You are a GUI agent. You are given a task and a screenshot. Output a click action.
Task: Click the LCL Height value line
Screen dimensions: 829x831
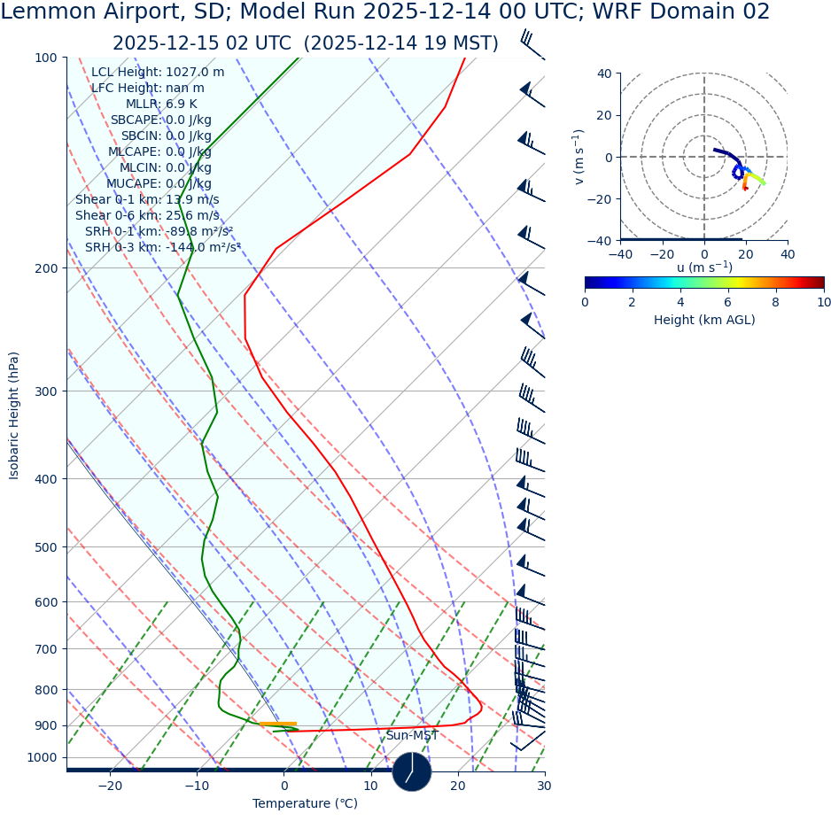pyautogui.click(x=158, y=73)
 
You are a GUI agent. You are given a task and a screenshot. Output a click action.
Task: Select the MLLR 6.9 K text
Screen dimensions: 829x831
pyautogui.click(x=161, y=105)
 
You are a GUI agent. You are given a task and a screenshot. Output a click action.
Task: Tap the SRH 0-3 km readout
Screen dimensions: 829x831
pyautogui.click(x=163, y=248)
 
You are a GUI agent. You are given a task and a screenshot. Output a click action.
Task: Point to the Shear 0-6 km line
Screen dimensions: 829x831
pyautogui.click(x=147, y=216)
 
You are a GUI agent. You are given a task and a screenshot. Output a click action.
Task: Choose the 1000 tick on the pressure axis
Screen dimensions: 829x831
pyautogui.click(x=42, y=757)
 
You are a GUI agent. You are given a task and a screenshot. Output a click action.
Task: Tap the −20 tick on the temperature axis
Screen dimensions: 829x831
pyautogui.click(x=110, y=786)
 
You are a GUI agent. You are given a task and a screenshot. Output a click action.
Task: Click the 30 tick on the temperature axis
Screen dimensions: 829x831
pyautogui.click(x=544, y=786)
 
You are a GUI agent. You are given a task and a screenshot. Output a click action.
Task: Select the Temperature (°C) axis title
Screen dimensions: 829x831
pyautogui.click(x=305, y=804)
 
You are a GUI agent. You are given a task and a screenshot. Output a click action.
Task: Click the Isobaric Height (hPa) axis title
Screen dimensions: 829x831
pyautogui.click(x=14, y=415)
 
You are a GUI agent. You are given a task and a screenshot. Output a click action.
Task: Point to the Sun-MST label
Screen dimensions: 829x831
pyautogui.click(x=411, y=736)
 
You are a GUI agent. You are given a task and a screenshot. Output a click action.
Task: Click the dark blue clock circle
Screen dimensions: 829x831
pyautogui.click(x=412, y=771)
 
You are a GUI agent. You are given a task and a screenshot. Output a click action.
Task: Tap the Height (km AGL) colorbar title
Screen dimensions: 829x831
pyautogui.click(x=704, y=321)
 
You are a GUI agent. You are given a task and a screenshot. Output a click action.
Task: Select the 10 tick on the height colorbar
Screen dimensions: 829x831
pyautogui.click(x=823, y=302)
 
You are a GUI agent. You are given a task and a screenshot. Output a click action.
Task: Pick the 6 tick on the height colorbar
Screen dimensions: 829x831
pyautogui.click(x=728, y=302)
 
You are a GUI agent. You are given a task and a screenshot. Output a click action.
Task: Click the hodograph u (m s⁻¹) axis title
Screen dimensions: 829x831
pyautogui.click(x=703, y=268)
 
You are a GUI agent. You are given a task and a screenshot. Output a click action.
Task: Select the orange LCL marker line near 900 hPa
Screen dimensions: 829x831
pyautogui.click(x=278, y=724)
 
